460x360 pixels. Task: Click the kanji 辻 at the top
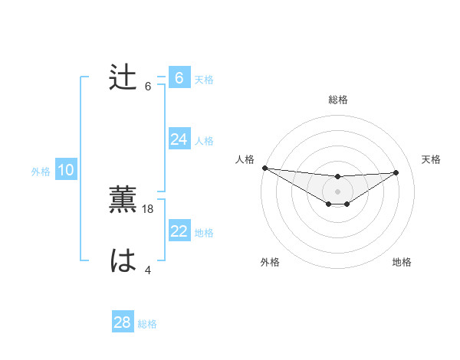[x=123, y=78]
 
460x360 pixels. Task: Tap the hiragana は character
[x=123, y=261]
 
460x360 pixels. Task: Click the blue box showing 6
[x=179, y=78]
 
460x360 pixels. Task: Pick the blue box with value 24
[x=179, y=139]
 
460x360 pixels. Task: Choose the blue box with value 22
[x=179, y=231]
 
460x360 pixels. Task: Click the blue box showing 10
[x=66, y=170]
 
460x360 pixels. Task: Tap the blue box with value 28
[x=123, y=322]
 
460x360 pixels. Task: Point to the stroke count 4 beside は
[x=148, y=270]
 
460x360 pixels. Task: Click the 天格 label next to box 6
[x=204, y=80]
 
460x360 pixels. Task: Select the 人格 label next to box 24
[x=204, y=141]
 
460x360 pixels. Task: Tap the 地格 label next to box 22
[x=204, y=233]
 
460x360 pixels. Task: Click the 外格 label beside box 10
[x=41, y=172]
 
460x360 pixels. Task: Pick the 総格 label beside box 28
[x=147, y=324]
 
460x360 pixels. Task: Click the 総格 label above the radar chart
[x=338, y=100]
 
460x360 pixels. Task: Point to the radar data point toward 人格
[x=264, y=168]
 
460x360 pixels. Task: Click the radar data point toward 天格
[x=396, y=172]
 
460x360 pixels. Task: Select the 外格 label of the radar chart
[x=270, y=262]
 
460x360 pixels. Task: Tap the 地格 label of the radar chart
[x=402, y=262]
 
